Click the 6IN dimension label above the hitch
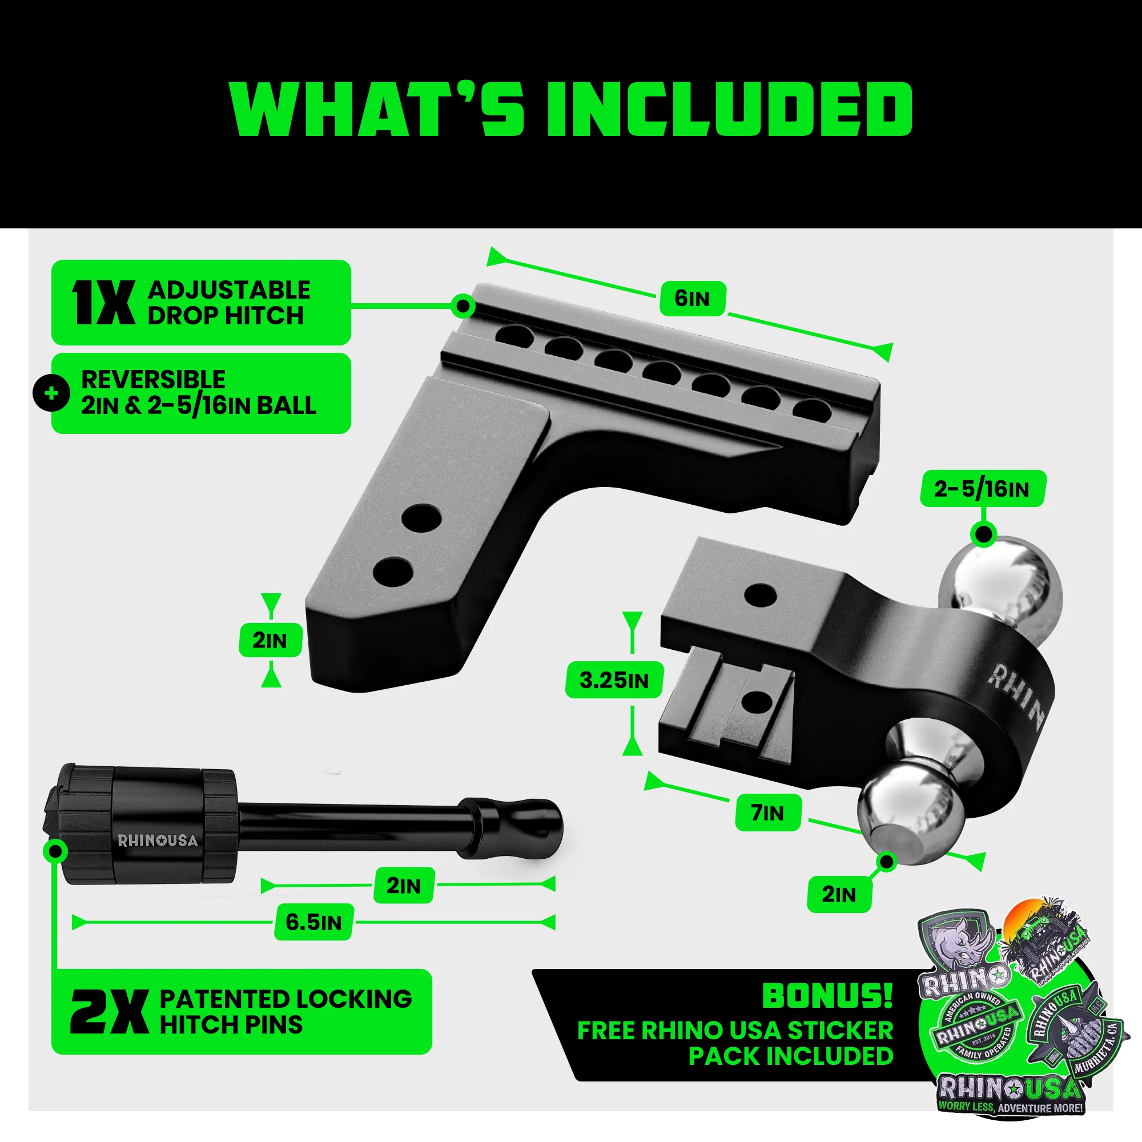coord(692,299)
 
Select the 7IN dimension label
coord(768,813)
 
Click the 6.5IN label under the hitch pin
coord(313,922)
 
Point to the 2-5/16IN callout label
coord(982,489)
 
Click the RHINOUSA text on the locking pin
coord(157,841)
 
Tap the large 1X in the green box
coord(103,303)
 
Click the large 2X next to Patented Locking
coord(110,1012)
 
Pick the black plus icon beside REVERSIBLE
coord(51,393)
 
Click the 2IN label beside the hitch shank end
coord(270,640)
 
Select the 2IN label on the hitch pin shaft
coord(404,886)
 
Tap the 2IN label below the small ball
coord(839,894)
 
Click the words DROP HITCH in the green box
coord(225,316)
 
